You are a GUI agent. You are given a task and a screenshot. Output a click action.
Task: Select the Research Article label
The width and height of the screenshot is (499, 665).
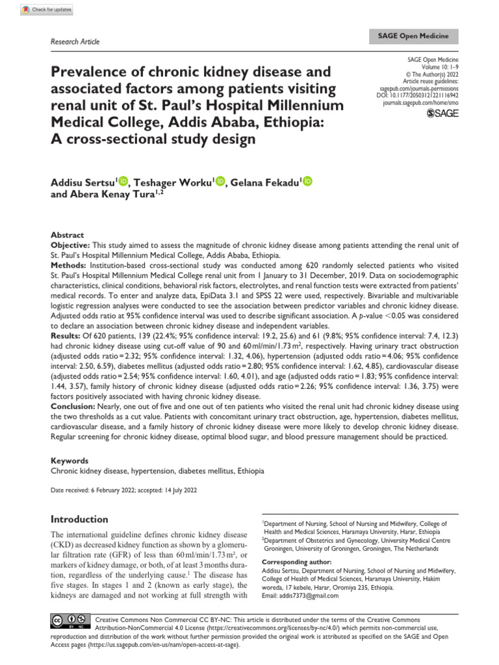[x=75, y=42]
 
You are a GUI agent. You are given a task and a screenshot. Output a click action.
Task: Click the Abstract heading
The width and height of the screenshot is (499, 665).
[x=67, y=235]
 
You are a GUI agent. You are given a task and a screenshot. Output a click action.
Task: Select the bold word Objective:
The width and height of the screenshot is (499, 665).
[x=71, y=245]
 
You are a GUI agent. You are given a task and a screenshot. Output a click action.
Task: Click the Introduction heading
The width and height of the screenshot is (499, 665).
[x=79, y=520]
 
